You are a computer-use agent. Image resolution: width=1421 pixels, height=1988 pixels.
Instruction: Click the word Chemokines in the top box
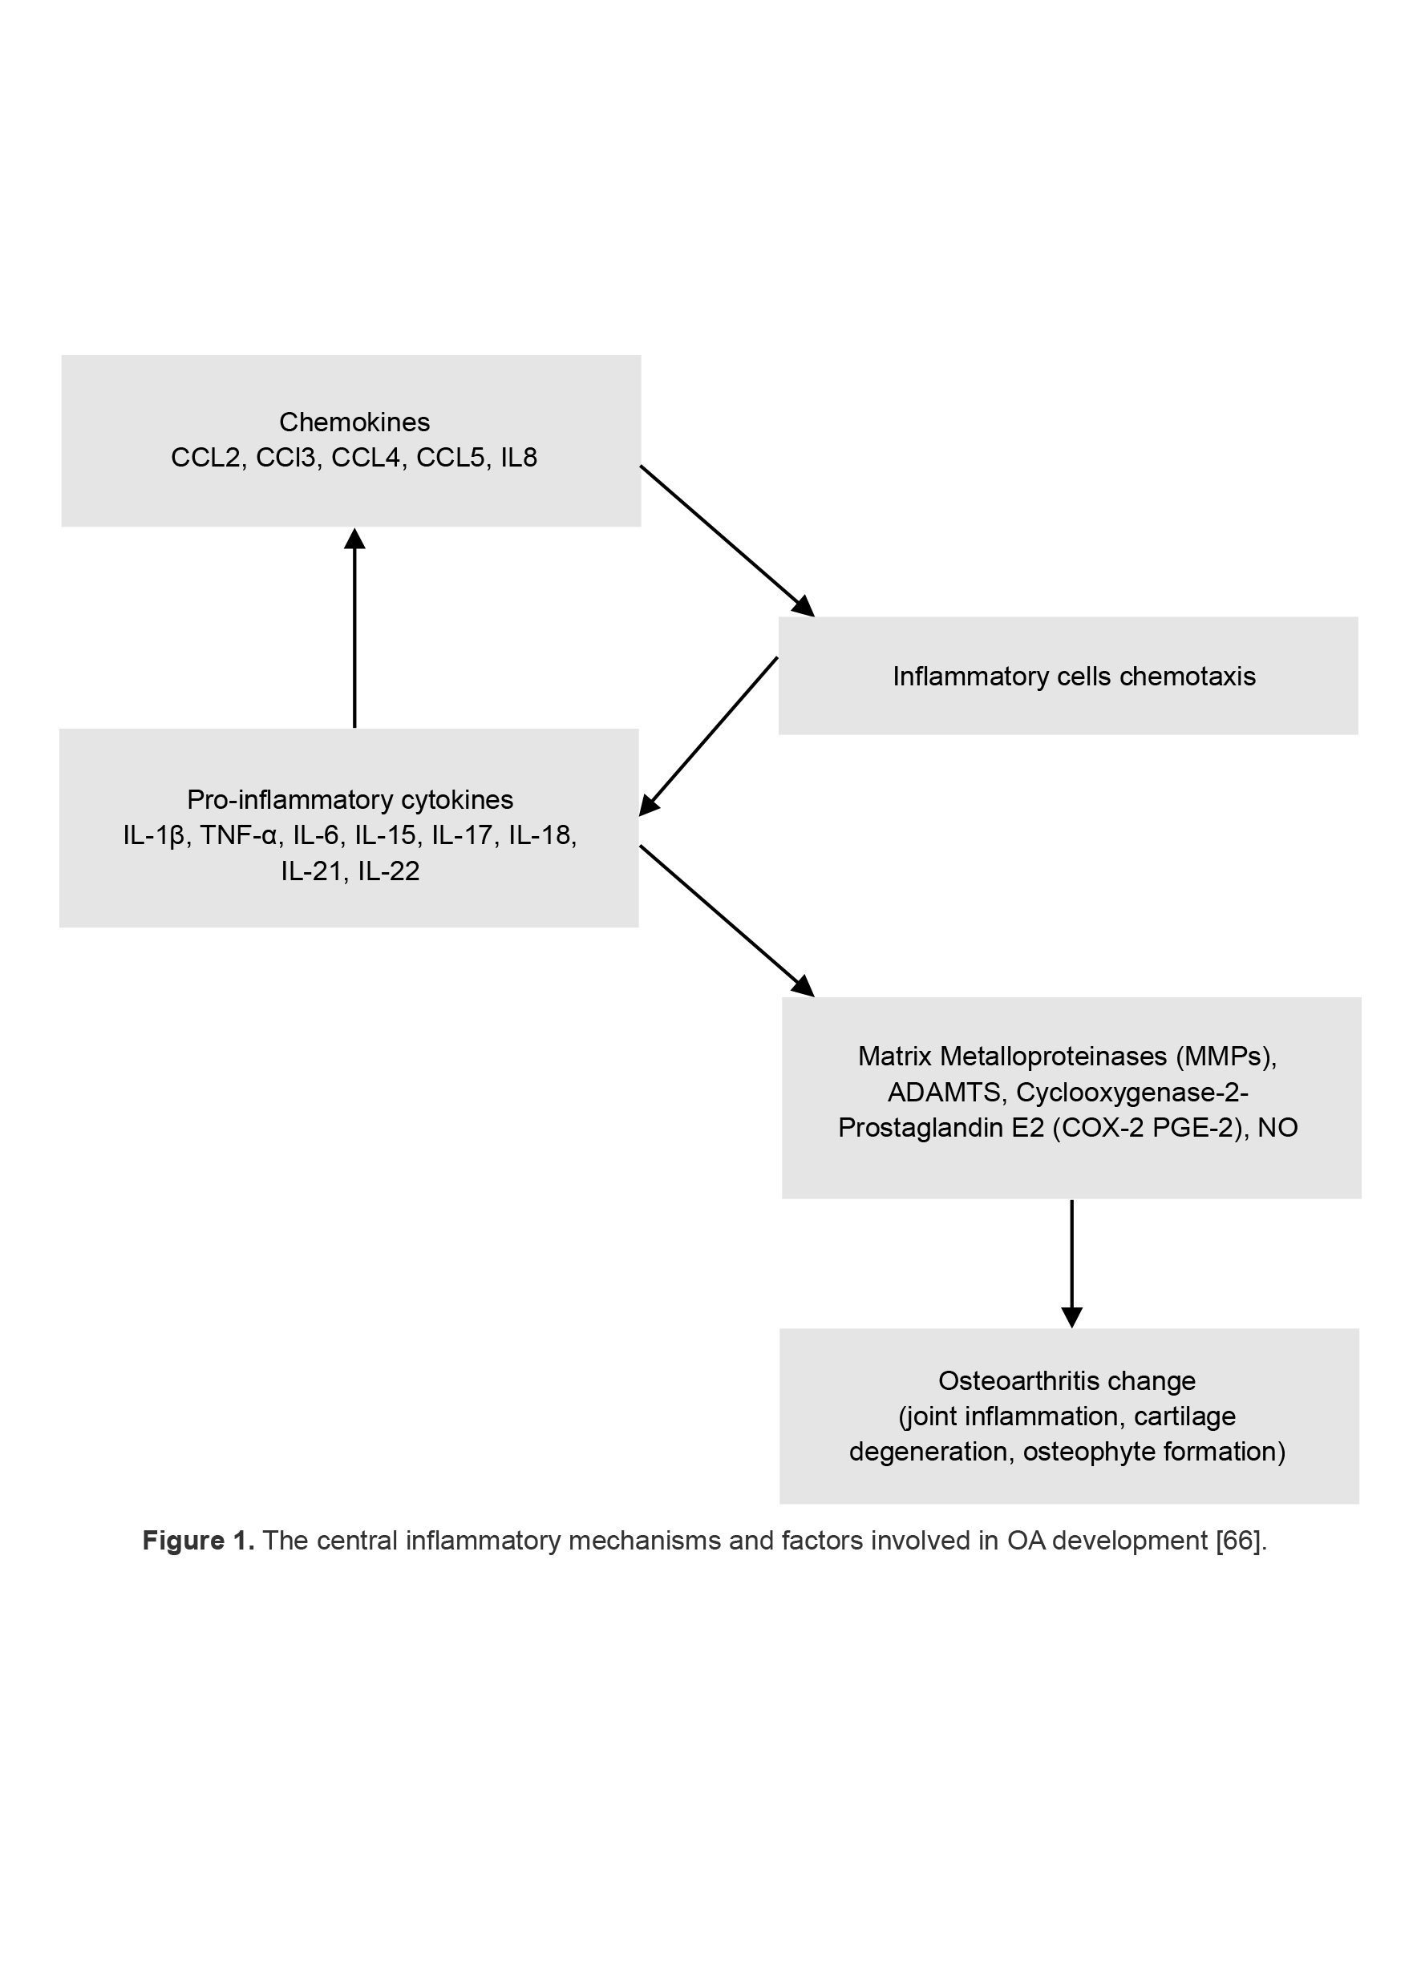pos(354,422)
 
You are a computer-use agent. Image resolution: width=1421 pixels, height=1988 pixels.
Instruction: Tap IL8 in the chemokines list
pos(519,459)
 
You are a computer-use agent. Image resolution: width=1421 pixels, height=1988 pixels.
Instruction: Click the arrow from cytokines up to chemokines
pos(354,630)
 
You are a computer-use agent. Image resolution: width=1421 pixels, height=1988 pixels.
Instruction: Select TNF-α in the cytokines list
pos(239,836)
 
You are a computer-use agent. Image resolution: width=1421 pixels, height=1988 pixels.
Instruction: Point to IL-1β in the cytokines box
pos(153,836)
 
